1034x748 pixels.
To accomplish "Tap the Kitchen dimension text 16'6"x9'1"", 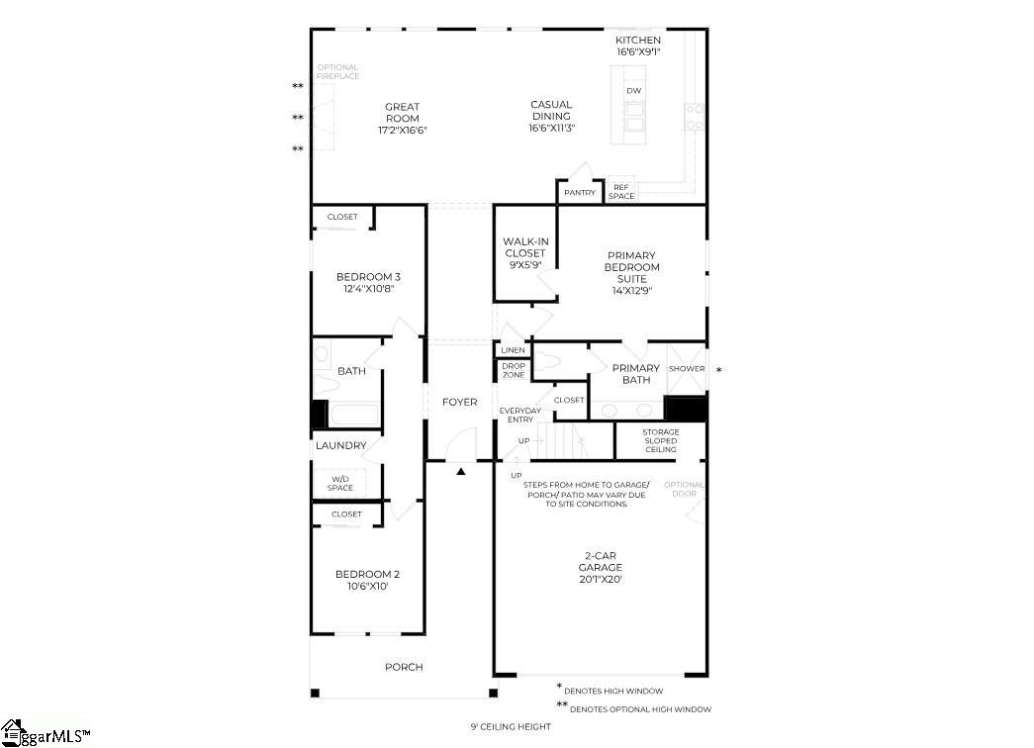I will (638, 52).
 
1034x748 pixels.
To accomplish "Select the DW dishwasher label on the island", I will (633, 91).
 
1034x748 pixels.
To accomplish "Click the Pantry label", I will (580, 193).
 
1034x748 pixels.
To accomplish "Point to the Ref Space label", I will (621, 191).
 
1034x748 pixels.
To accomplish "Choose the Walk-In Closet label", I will (525, 253).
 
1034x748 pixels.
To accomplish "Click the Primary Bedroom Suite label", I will (632, 272).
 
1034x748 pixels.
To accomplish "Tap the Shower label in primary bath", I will (687, 369).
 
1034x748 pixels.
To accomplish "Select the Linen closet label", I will (513, 350).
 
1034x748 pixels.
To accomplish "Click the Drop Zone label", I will (513, 370).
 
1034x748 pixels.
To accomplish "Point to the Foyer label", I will (459, 402).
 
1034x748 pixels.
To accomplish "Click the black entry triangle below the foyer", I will (461, 472).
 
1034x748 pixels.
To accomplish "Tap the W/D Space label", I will (340, 484).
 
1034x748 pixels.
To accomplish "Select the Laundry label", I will (340, 446).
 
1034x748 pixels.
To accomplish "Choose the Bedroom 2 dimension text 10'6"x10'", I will (368, 587).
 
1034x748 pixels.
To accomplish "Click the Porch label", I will (404, 667).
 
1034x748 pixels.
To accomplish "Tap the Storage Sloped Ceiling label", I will (661, 440).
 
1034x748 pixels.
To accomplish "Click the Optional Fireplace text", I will (338, 72).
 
